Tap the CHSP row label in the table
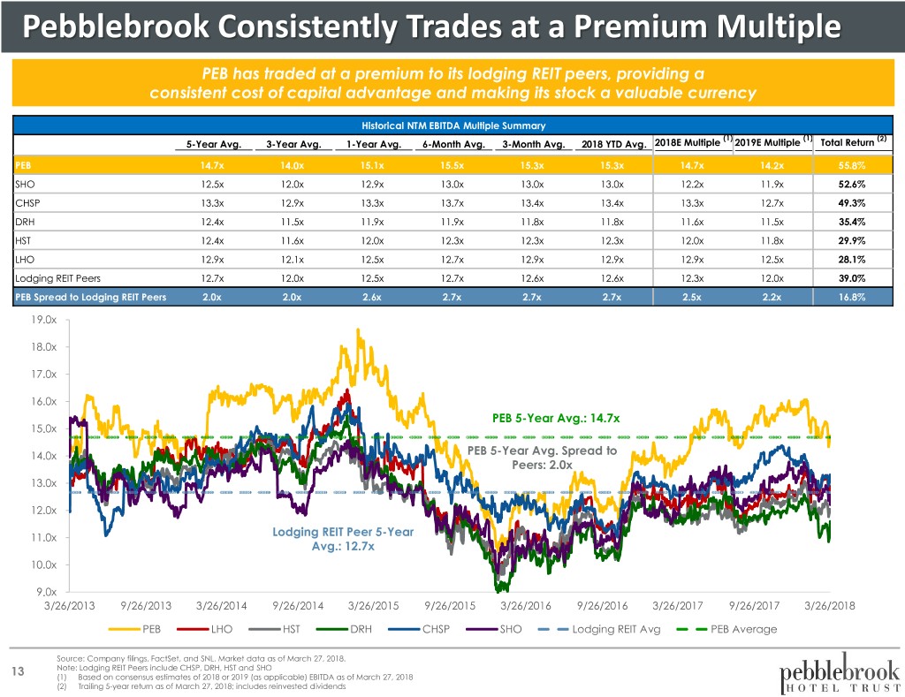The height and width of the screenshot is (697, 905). click(x=27, y=204)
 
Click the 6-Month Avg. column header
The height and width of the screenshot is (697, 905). click(x=451, y=145)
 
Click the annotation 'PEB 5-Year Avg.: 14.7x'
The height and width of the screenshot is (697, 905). click(x=556, y=417)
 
